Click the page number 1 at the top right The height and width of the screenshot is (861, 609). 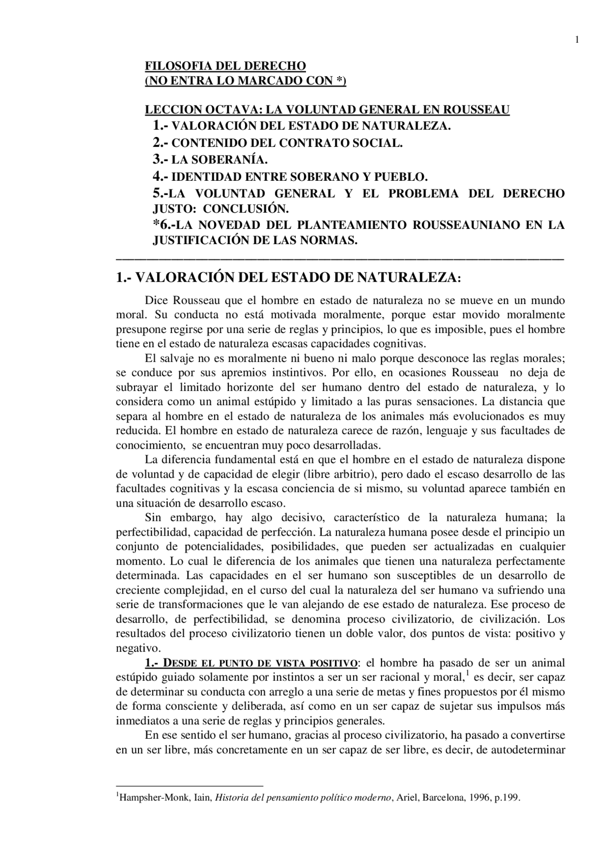pyautogui.click(x=577, y=40)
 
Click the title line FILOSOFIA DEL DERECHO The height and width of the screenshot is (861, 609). pyautogui.click(x=225, y=66)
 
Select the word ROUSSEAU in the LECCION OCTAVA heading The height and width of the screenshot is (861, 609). pyautogui.click(x=476, y=110)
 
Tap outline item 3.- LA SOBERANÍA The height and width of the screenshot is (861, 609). pyautogui.click(x=210, y=159)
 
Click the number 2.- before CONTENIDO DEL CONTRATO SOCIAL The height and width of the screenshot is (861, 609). pyautogui.click(x=161, y=142)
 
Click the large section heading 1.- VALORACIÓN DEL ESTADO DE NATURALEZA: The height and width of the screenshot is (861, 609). pyautogui.click(x=288, y=277)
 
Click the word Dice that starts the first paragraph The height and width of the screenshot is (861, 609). pyautogui.click(x=157, y=301)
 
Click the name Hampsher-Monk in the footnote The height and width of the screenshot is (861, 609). pyautogui.click(x=141, y=798)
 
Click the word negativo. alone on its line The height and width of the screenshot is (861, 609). pyautogui.click(x=138, y=648)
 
